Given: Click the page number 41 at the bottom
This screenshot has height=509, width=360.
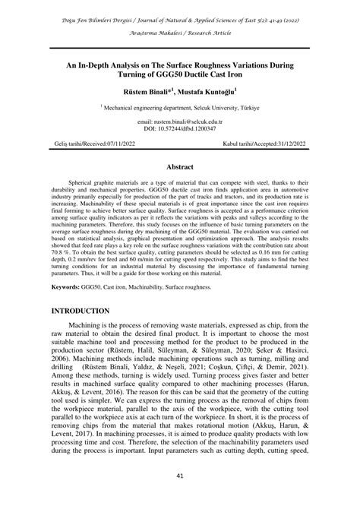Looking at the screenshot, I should point(180,476).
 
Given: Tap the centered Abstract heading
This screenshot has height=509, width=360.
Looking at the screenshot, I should point(180,164).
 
